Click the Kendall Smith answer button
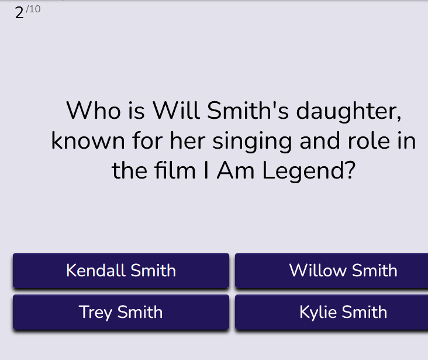[x=121, y=270]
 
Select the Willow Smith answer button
[x=332, y=270]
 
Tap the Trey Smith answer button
[x=121, y=312]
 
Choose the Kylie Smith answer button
[x=332, y=312]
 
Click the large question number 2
[x=19, y=13]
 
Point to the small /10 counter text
[x=33, y=9]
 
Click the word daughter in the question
[x=348, y=112]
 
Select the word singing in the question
[x=252, y=142]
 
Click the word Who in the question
[x=94, y=111]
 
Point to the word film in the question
[x=175, y=170]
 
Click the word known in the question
[x=88, y=140]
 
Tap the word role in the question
[x=369, y=140]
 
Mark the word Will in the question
[x=176, y=111]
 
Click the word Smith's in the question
[x=247, y=111]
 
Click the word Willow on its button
[x=317, y=270]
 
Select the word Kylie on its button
[x=318, y=313]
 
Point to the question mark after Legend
[x=351, y=170]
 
